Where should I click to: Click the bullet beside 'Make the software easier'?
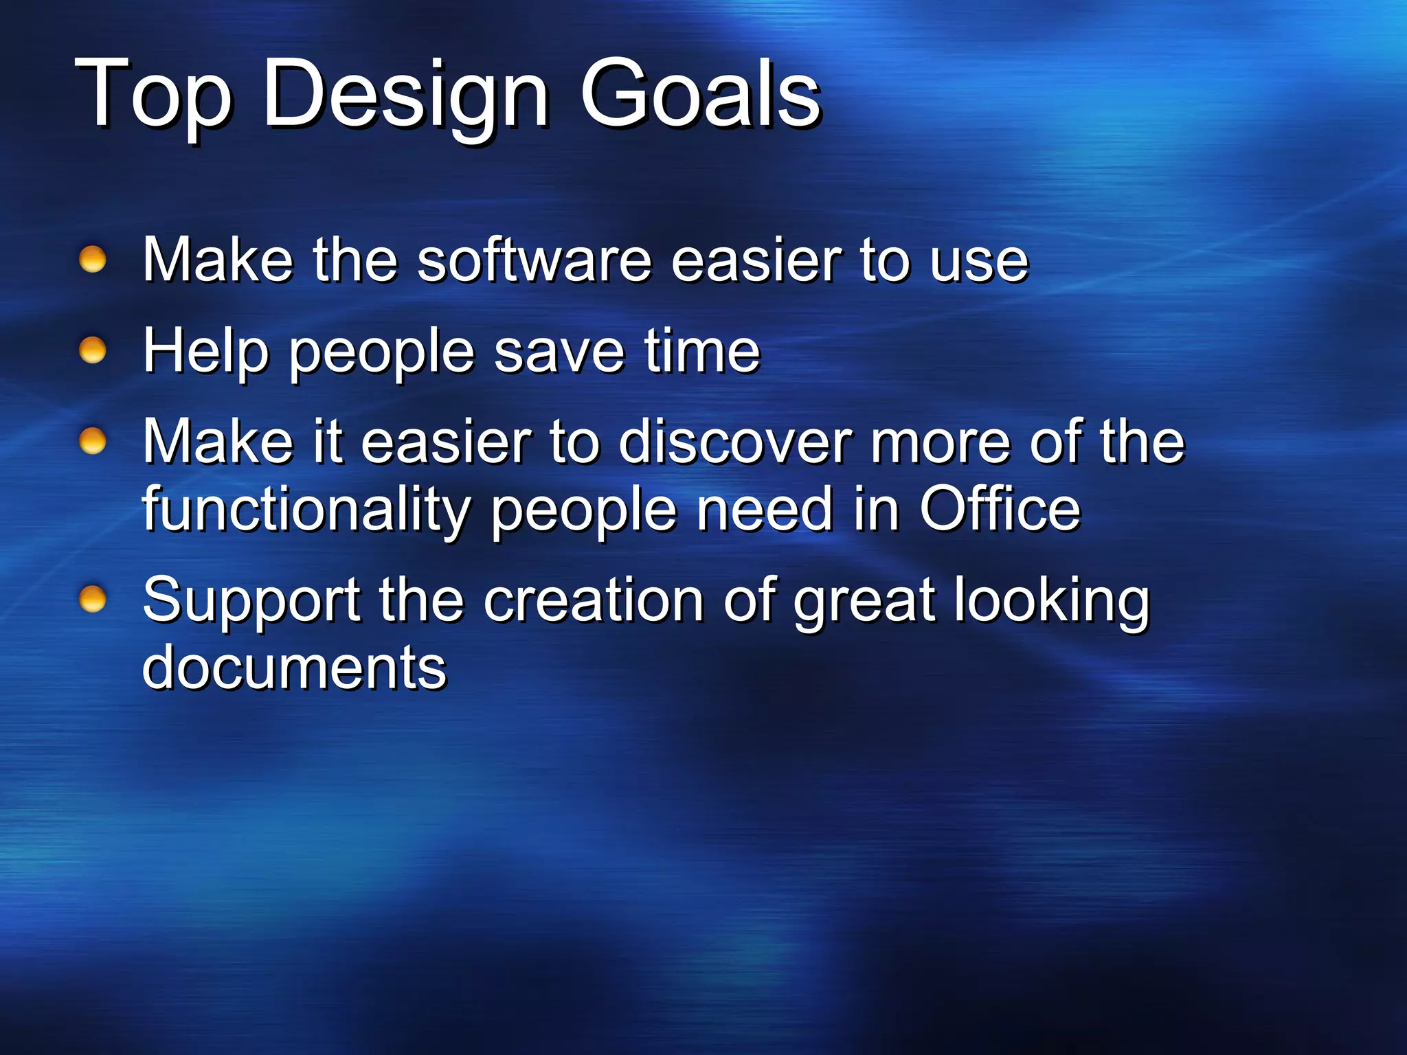93,260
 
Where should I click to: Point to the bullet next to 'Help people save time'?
93,351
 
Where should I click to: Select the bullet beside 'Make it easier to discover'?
93,441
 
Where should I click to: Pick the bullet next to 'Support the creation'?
93,600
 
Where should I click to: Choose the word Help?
205,352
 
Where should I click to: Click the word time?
701,350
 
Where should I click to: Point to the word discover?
734,442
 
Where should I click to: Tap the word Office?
1000,509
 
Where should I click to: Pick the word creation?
594,600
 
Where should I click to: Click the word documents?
294,668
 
